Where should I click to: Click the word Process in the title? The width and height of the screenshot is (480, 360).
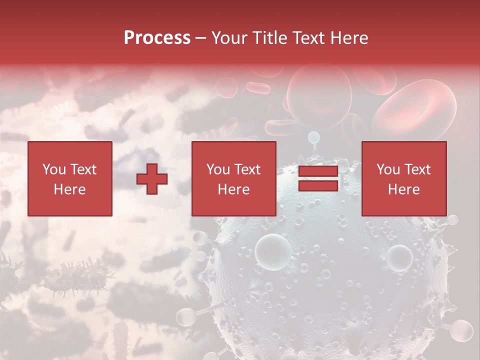point(157,38)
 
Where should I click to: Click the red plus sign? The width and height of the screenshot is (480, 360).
point(152,179)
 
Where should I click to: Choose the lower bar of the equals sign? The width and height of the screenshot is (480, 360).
point(318,186)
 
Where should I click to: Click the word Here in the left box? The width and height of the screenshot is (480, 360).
point(70,189)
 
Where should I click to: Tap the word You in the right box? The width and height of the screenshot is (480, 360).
point(388,169)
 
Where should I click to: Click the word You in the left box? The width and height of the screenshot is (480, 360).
point(54,169)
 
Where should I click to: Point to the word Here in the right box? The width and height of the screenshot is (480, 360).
point(404,189)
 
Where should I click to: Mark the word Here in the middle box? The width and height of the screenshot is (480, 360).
point(234,189)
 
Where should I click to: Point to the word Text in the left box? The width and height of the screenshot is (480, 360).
point(84,169)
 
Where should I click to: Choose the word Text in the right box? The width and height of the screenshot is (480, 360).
point(418,169)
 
